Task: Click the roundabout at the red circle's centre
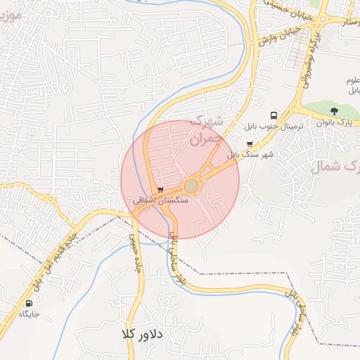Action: [191, 186]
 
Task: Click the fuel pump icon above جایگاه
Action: [28, 302]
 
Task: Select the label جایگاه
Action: [28, 314]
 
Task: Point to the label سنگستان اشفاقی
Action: [161, 200]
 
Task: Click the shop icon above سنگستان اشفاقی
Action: [161, 190]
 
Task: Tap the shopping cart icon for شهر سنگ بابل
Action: [249, 144]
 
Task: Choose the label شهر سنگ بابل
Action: [250, 154]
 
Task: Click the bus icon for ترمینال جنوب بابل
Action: [273, 115]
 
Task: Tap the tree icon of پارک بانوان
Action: [334, 111]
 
